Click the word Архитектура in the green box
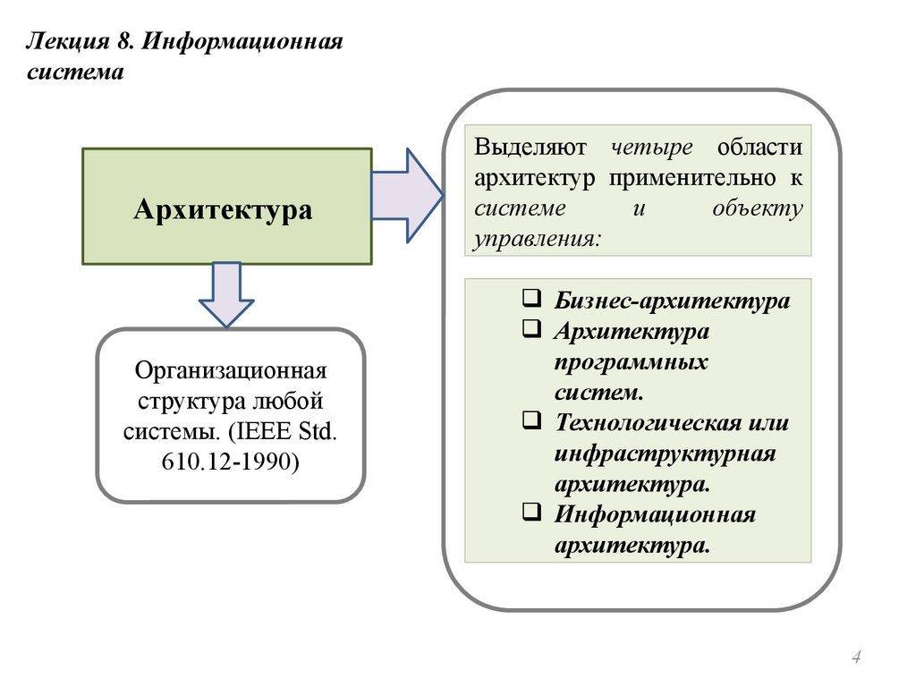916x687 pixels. [x=223, y=210]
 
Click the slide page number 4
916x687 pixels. [x=856, y=659]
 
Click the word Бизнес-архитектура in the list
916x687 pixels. [x=672, y=301]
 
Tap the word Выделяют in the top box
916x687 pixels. [x=530, y=147]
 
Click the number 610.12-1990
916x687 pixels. [x=231, y=462]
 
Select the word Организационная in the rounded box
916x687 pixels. [x=231, y=369]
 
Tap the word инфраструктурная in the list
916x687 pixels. [x=664, y=454]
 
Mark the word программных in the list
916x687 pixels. [x=630, y=362]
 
